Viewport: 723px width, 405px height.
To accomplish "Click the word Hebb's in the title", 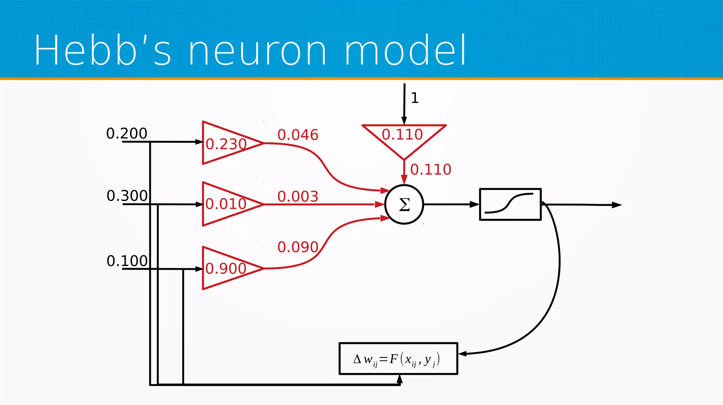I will click(102, 50).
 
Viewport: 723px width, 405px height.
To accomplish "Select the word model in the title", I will click(405, 50).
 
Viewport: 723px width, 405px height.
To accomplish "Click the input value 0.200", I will click(126, 133).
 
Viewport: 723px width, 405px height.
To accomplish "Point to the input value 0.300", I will click(127, 196).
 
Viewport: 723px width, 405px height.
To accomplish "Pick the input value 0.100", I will click(127, 261).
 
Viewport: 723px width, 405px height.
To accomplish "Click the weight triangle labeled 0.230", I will click(226, 143).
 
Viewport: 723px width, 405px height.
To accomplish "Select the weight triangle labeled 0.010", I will click(226, 204).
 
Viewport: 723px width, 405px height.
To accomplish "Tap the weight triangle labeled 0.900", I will click(226, 268).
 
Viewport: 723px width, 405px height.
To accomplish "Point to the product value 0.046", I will click(298, 135).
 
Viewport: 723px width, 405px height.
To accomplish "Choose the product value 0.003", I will click(298, 196).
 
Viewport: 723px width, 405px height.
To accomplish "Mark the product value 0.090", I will click(298, 247).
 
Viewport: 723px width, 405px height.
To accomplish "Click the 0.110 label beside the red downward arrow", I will click(431, 170).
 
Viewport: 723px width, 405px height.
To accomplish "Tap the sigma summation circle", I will click(404, 204).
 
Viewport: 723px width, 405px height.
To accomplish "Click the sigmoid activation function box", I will click(510, 204).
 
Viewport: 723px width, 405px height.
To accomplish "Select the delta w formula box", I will click(398, 359).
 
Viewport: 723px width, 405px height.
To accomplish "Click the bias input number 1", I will click(415, 98).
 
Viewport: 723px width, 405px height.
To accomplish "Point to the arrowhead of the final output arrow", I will click(617, 205).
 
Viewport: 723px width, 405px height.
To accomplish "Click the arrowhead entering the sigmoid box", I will click(474, 204).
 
